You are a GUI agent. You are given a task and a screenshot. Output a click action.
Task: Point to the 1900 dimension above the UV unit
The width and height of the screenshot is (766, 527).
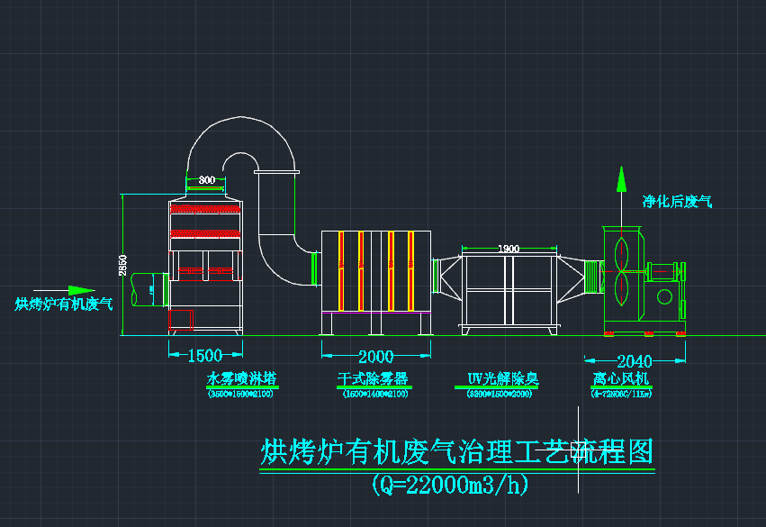point(509,249)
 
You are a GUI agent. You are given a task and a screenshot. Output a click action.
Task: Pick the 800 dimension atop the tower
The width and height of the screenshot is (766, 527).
point(207,180)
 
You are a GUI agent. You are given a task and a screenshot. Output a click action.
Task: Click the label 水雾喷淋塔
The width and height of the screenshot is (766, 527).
point(240,379)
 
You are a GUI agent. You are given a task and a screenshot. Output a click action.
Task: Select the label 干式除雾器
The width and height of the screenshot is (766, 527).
point(373,379)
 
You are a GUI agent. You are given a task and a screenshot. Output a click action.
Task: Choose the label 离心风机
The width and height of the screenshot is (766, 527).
point(621,379)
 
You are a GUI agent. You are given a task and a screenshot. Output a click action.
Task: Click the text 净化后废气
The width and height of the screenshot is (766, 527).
point(677,202)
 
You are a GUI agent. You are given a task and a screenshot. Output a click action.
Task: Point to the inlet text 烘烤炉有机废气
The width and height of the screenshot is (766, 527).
point(63,304)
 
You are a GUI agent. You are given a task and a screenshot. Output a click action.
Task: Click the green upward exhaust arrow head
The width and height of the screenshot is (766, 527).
point(620,177)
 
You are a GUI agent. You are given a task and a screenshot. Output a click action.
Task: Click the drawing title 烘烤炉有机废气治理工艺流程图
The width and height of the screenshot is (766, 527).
point(456,451)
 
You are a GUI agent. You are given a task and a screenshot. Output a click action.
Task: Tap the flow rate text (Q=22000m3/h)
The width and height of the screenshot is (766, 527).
point(450,485)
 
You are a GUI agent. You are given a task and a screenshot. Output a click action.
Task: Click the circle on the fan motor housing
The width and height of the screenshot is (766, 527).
point(665,296)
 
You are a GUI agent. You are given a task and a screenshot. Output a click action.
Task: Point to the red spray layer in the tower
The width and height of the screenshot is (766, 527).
point(206,208)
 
